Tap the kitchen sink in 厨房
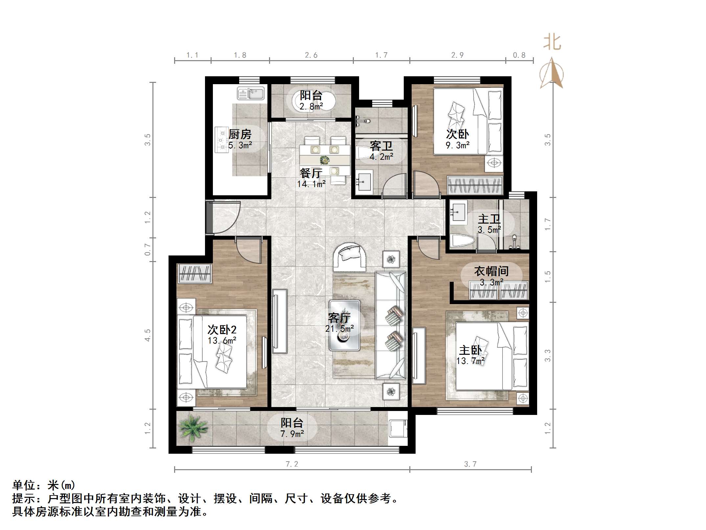(251, 94)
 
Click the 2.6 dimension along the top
(311, 55)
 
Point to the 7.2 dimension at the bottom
(292, 464)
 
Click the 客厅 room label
(339, 318)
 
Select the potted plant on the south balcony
(193, 427)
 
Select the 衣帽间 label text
(491, 271)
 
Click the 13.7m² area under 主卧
(470, 361)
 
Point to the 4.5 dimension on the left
(148, 335)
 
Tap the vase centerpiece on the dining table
(325, 160)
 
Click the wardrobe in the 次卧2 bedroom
(194, 273)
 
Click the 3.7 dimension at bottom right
(470, 464)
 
